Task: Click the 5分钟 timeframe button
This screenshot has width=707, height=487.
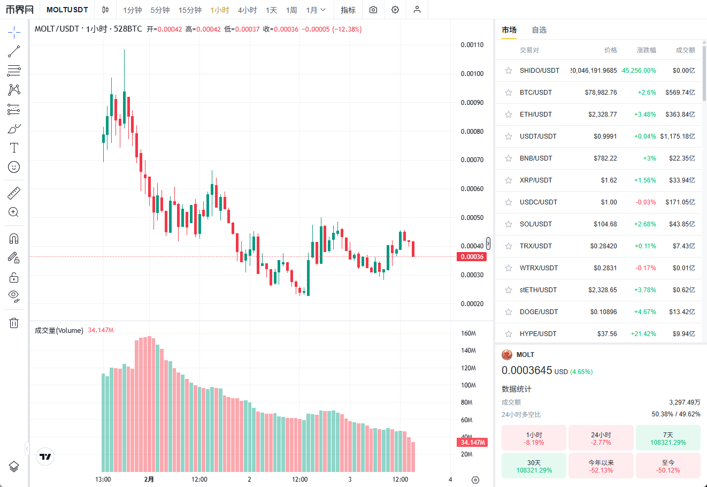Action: click(160, 10)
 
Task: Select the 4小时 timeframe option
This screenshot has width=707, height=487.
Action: click(247, 10)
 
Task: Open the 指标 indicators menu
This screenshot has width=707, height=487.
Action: click(348, 10)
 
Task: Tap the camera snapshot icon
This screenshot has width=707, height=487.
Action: click(373, 10)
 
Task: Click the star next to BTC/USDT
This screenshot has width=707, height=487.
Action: click(509, 93)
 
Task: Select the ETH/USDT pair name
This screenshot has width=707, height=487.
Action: click(535, 115)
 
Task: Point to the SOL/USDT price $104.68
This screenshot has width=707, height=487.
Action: click(605, 224)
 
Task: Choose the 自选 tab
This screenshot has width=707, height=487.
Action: click(539, 30)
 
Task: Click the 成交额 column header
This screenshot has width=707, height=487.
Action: click(685, 50)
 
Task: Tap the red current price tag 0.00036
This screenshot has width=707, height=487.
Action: click(472, 257)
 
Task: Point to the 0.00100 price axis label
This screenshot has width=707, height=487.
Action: click(472, 74)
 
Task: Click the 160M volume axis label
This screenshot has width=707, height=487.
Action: click(468, 333)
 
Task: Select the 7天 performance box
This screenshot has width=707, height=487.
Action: click(668, 438)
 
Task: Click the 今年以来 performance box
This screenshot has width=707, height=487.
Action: click(601, 466)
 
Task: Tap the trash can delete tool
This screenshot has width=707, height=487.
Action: click(14, 323)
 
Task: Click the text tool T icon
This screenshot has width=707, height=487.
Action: click(14, 148)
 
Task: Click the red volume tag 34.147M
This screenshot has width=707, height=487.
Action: click(473, 443)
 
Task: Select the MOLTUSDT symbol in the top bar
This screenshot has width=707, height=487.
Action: click(67, 10)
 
